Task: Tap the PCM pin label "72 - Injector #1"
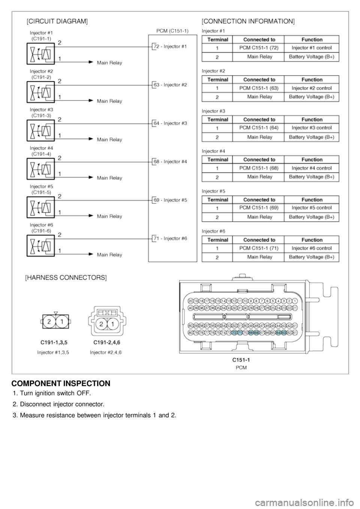point(170,46)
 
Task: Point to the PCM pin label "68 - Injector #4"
point(170,162)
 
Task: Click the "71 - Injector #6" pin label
point(170,238)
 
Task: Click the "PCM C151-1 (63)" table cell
point(259,88)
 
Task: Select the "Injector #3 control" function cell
point(312,128)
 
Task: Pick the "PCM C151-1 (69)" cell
point(259,208)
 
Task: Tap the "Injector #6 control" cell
point(312,248)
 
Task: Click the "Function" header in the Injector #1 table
point(312,39)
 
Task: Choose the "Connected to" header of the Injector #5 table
point(259,200)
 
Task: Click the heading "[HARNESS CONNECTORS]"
point(66,278)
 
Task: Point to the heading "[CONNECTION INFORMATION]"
point(248,22)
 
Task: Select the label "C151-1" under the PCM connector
point(241,360)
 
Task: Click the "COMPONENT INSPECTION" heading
point(61,383)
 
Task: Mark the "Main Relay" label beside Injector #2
point(109,101)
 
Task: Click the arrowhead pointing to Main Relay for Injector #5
point(91,216)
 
